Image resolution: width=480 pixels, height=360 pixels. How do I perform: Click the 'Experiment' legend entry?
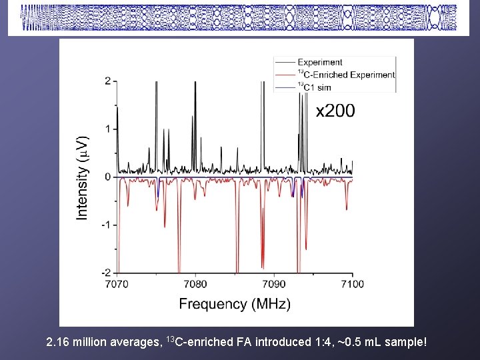pyautogui.click(x=319, y=63)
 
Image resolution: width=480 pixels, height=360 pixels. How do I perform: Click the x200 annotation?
pyautogui.click(x=335, y=111)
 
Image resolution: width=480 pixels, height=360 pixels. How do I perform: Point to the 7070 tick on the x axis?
pyautogui.click(x=117, y=284)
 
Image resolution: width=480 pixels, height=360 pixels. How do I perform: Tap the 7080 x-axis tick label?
pyautogui.click(x=195, y=284)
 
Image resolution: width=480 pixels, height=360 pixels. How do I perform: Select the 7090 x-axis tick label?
pyautogui.click(x=274, y=284)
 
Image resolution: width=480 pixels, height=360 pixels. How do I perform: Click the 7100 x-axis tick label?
pyautogui.click(x=352, y=284)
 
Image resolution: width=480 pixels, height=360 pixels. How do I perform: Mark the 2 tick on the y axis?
pyautogui.click(x=107, y=81)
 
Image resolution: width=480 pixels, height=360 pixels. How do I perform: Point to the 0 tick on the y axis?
pyautogui.click(x=107, y=177)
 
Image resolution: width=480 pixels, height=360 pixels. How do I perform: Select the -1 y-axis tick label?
pyautogui.click(x=105, y=225)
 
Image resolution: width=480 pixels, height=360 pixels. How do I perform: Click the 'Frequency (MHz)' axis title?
pyautogui.click(x=235, y=305)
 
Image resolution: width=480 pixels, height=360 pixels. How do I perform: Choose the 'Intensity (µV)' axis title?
pyautogui.click(x=82, y=177)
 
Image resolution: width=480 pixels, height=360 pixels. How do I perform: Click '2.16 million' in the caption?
pyautogui.click(x=81, y=343)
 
